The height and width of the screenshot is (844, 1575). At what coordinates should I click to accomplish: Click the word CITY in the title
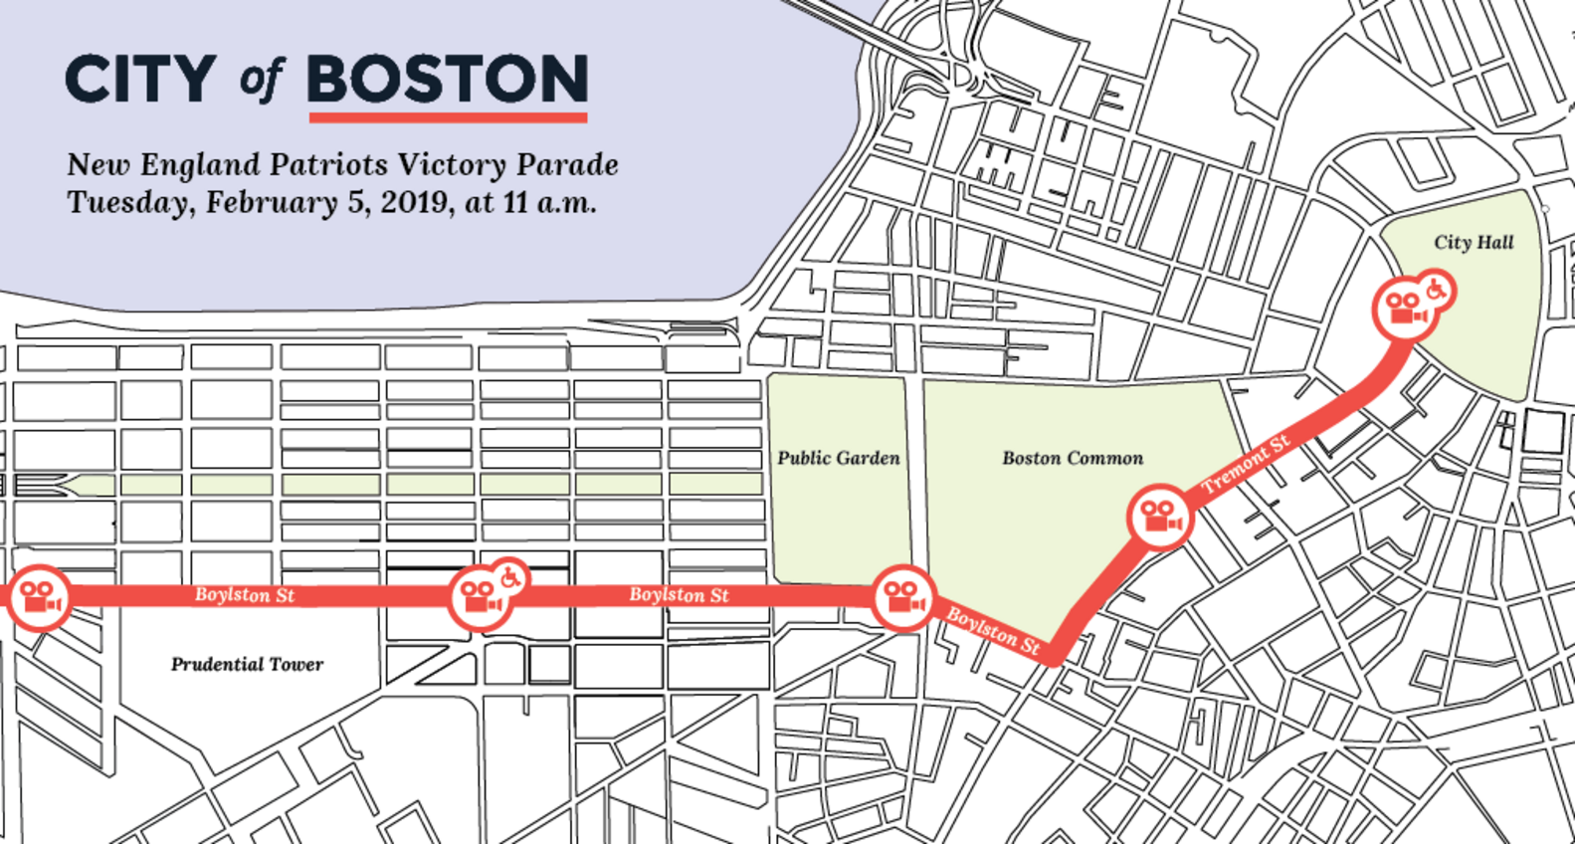point(139,80)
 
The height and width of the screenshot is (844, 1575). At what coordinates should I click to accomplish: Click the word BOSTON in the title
point(448,80)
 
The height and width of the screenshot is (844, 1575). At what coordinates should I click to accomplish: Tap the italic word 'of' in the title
point(261,80)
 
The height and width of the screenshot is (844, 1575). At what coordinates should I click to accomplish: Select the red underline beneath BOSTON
point(448,117)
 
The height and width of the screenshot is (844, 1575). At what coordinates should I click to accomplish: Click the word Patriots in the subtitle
point(329,164)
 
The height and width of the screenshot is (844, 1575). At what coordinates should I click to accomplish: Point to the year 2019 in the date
point(416,202)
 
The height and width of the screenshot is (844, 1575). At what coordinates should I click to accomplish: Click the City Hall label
point(1474,242)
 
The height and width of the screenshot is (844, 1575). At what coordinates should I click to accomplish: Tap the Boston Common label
point(1073,458)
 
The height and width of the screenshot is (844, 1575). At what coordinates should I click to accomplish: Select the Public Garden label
point(839,458)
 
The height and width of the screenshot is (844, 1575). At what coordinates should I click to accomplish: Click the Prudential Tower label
point(247,664)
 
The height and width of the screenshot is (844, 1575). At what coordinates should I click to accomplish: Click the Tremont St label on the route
point(1246,465)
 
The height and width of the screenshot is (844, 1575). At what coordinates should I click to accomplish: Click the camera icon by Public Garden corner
point(903,597)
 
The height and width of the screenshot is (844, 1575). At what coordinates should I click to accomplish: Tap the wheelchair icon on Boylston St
point(509,576)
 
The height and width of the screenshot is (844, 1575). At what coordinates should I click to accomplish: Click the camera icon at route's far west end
point(39,597)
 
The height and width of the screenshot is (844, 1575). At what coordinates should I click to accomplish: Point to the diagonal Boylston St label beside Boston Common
point(993,631)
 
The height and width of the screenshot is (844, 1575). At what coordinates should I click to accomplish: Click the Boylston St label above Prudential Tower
point(245,595)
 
